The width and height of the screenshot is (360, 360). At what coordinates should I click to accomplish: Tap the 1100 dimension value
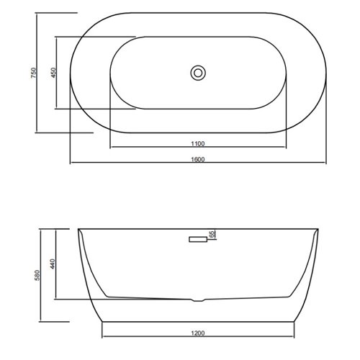199,143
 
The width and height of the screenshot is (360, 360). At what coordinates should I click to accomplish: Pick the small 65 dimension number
212,234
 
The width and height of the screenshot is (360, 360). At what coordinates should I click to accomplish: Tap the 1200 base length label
199,334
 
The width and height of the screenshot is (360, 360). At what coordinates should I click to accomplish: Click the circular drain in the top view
198,73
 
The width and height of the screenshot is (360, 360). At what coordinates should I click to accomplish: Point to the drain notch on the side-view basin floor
199,299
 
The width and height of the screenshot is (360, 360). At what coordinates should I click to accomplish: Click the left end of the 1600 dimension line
71,163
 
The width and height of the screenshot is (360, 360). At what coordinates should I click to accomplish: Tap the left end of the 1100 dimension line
110,148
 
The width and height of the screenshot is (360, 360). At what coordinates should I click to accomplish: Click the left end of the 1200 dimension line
102,339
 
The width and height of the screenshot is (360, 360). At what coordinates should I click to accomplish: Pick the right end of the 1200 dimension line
296,339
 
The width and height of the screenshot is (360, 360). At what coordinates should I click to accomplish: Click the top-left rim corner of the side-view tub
78,230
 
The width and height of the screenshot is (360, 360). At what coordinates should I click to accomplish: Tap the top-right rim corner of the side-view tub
320,230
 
